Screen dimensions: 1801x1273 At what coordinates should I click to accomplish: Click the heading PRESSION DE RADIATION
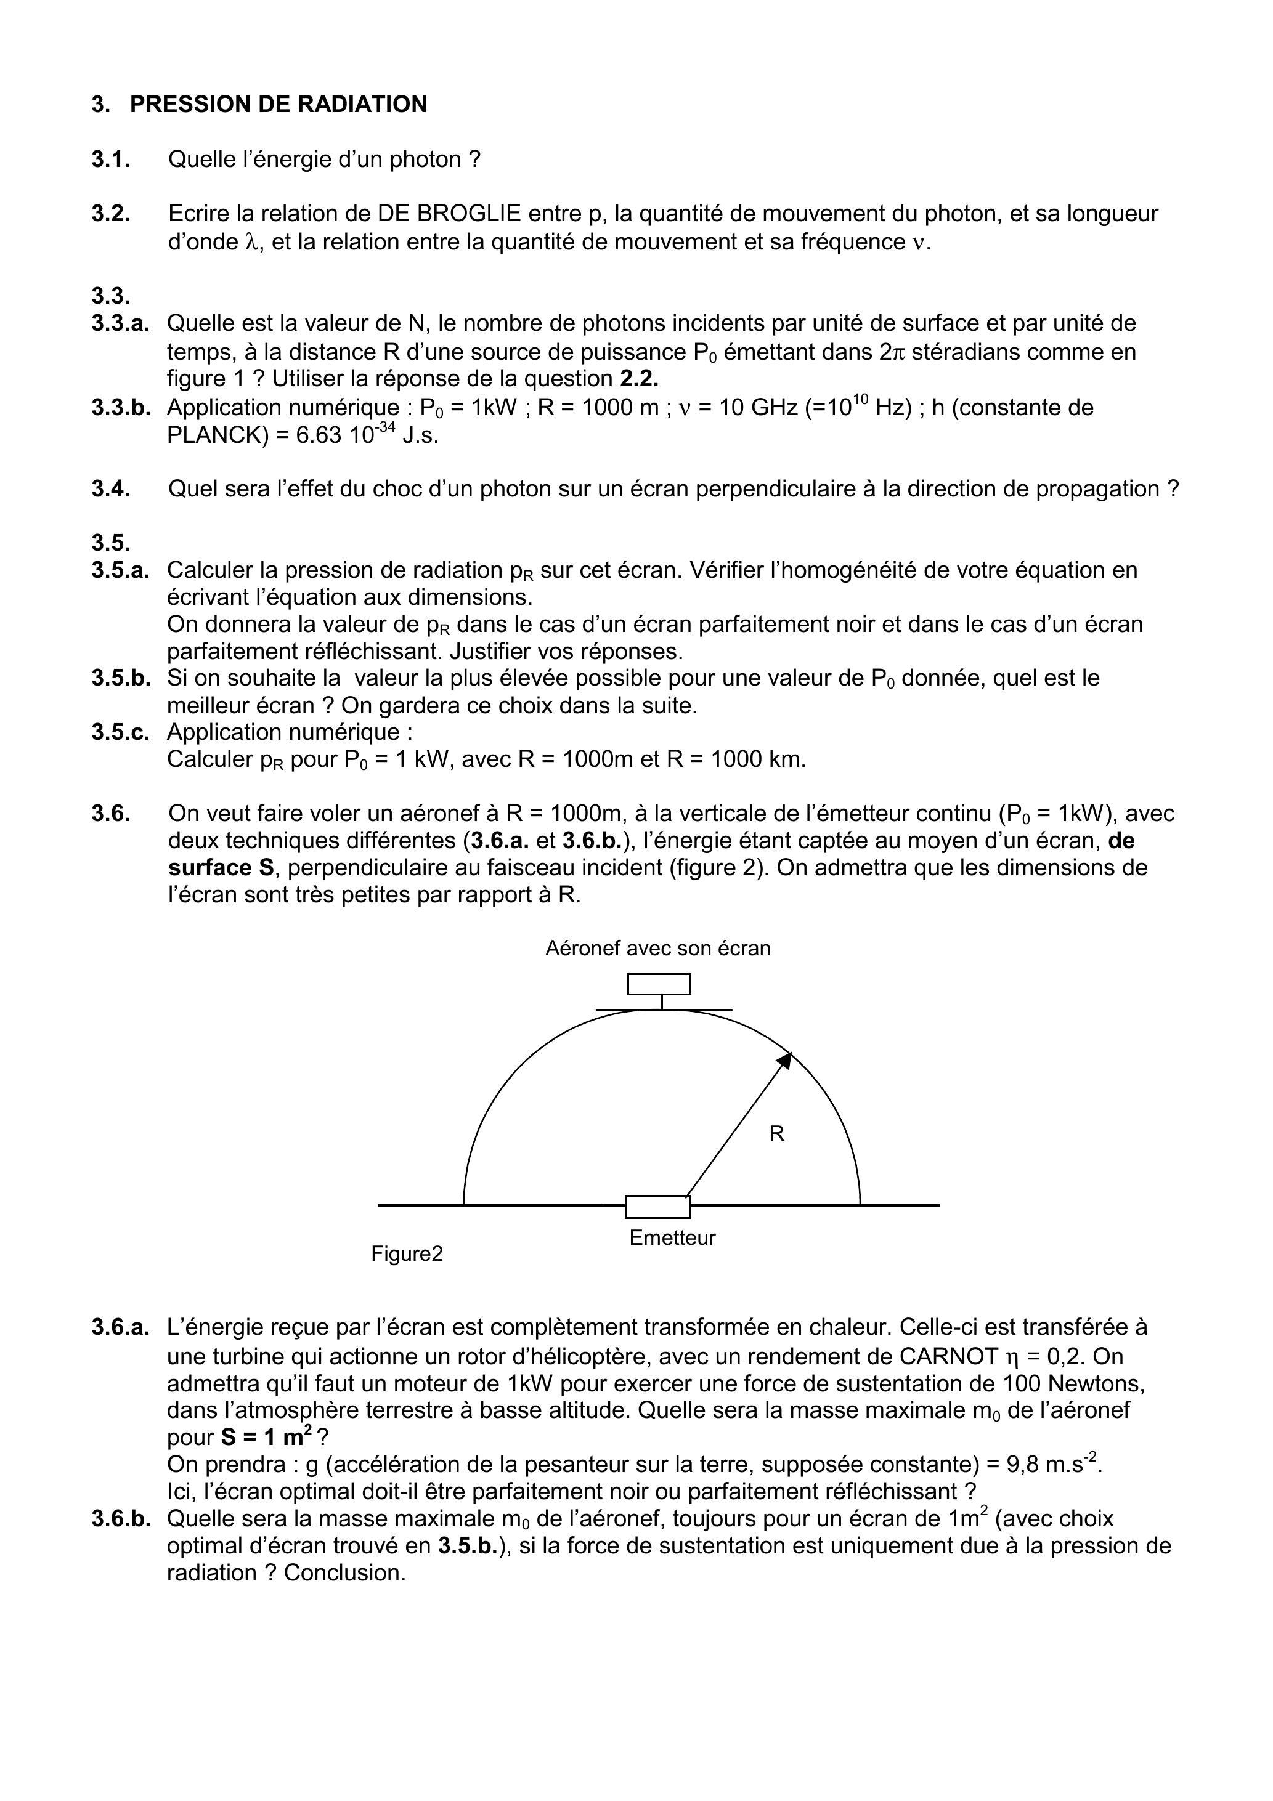(x=278, y=104)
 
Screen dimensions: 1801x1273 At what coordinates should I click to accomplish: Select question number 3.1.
(x=111, y=160)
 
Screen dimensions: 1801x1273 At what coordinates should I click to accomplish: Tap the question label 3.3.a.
(x=120, y=323)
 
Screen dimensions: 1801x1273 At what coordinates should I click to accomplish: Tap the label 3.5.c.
(x=120, y=732)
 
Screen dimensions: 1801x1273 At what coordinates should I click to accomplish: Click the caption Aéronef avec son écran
(x=657, y=949)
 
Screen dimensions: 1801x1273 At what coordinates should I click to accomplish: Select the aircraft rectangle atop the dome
(x=659, y=984)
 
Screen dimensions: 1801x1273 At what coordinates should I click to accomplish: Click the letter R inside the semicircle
(x=776, y=1133)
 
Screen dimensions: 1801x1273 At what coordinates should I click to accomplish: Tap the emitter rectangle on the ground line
(x=657, y=1207)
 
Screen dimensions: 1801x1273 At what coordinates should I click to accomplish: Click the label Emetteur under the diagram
(x=673, y=1238)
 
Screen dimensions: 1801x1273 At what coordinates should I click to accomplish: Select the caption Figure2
(x=407, y=1253)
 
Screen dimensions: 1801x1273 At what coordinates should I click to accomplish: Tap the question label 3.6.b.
(x=120, y=1519)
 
